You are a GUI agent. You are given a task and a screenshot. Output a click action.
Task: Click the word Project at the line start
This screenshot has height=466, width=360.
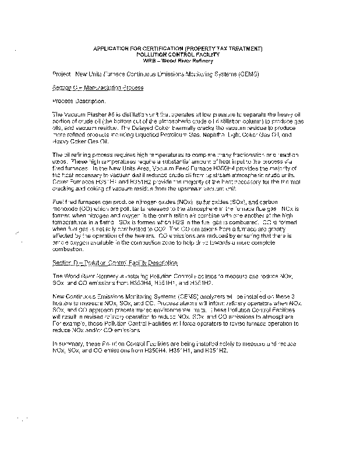(60, 75)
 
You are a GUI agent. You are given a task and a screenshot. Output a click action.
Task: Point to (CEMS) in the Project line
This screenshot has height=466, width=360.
(240, 75)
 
